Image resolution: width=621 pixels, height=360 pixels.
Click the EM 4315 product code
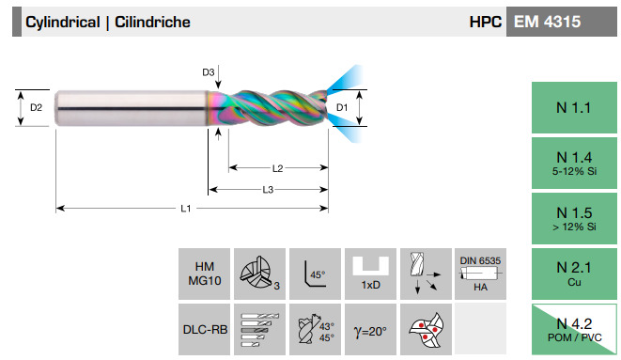click(x=547, y=22)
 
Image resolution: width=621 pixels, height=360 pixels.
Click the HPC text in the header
click(x=485, y=22)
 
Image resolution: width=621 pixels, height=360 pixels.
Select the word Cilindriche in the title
click(x=152, y=22)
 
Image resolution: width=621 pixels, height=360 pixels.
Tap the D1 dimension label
click(x=342, y=107)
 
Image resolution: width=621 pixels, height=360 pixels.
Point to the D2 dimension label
click(x=36, y=107)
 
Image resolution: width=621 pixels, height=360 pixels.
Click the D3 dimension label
click(x=209, y=72)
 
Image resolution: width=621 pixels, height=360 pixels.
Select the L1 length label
click(x=186, y=209)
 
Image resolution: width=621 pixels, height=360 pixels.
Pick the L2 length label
click(x=278, y=168)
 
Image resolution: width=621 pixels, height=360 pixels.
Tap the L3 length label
click(x=268, y=190)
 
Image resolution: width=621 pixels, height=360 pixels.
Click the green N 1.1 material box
click(x=574, y=108)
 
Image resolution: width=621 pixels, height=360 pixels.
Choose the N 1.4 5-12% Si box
click(x=574, y=164)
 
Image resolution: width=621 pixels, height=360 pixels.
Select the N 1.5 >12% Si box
click(x=574, y=219)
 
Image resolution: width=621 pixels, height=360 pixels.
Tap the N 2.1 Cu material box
click(x=574, y=274)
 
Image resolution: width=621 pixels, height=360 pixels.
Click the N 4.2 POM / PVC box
click(x=574, y=329)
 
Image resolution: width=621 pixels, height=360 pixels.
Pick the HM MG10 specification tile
click(x=205, y=274)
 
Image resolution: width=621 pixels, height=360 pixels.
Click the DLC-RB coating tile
click(x=205, y=330)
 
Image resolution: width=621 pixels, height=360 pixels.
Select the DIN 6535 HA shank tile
click(x=480, y=274)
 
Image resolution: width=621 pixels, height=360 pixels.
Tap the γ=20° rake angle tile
click(x=370, y=330)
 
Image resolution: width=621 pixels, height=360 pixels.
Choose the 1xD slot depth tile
click(x=370, y=274)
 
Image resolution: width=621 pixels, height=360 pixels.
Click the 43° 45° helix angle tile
click(x=315, y=330)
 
